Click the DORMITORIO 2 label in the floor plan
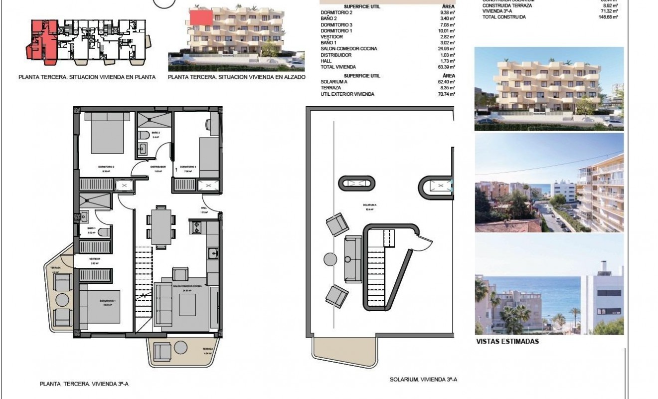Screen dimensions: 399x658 click(107, 167)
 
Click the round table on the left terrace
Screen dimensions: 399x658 click(63, 300)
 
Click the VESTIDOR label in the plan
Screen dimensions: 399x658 click(95, 259)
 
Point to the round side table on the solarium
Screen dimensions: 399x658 click(330, 259)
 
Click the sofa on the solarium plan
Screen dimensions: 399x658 click(353, 259)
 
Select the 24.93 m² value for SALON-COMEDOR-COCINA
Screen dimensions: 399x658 click(445, 49)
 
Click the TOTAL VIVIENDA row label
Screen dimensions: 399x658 click(338, 67)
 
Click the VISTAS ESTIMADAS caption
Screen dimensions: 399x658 click(507, 342)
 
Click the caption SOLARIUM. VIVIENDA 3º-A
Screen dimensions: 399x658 click(423, 380)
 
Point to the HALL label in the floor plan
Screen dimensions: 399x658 click(203, 208)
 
